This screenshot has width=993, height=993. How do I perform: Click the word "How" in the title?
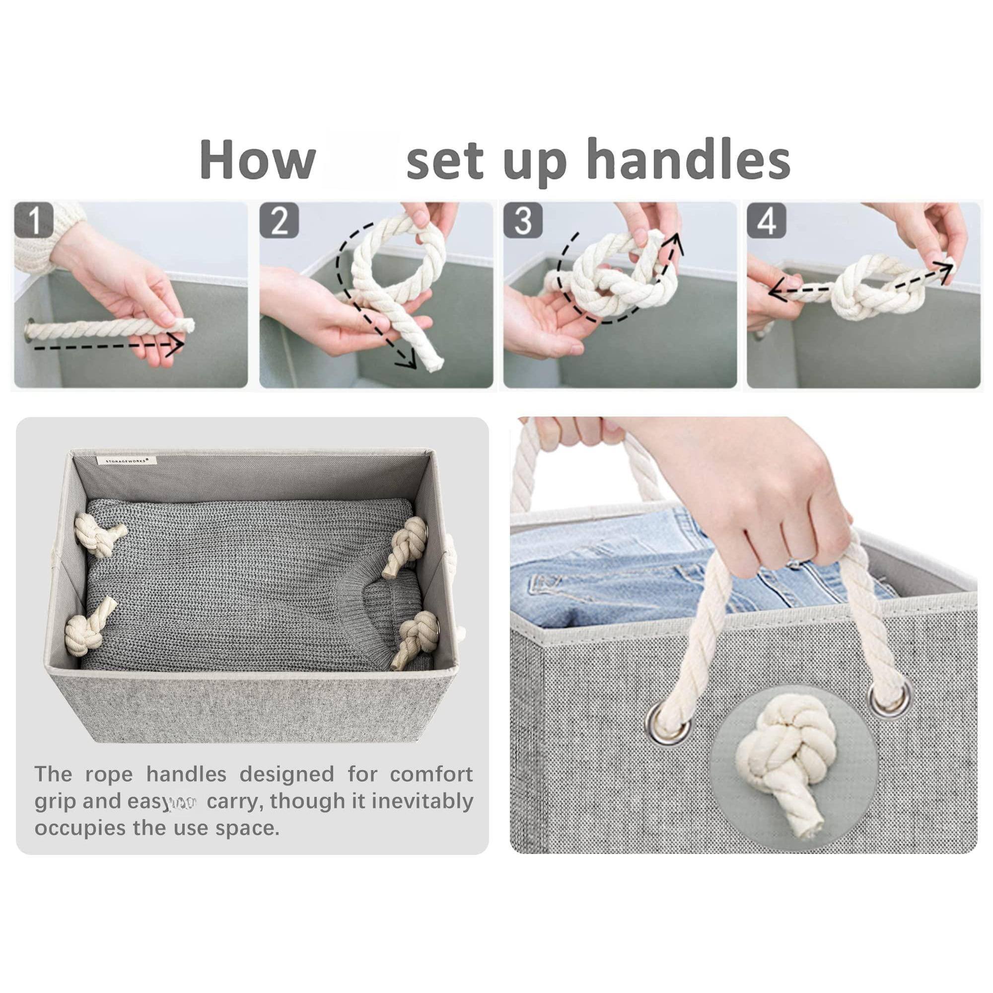[257, 159]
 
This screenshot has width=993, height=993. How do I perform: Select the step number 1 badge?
[34, 220]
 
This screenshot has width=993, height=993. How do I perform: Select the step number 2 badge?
[279, 220]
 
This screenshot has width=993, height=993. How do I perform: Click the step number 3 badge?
[523, 220]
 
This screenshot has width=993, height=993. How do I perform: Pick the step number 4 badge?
[766, 220]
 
